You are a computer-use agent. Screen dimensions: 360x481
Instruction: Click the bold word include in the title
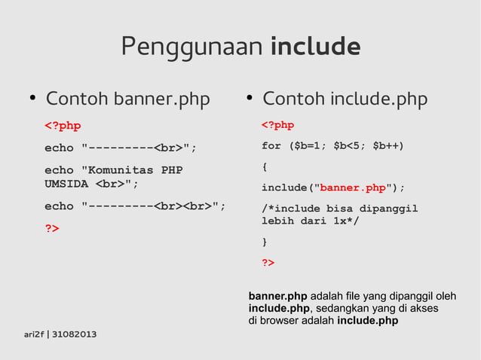(x=314, y=47)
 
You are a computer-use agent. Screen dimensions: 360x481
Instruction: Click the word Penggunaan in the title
(x=191, y=48)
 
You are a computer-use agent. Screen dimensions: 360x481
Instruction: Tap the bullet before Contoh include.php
(x=249, y=99)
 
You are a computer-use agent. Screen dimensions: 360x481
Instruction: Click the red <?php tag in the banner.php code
(x=63, y=125)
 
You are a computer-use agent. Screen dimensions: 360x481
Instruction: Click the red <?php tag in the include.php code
(x=277, y=125)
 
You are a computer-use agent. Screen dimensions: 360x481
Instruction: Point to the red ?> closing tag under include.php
(x=268, y=263)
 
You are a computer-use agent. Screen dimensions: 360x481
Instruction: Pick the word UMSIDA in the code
(x=66, y=184)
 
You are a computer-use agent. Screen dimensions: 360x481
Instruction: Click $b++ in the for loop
(x=388, y=145)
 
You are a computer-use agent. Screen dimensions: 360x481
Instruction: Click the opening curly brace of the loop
(x=265, y=166)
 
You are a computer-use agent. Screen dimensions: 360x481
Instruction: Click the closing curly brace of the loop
(x=265, y=242)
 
